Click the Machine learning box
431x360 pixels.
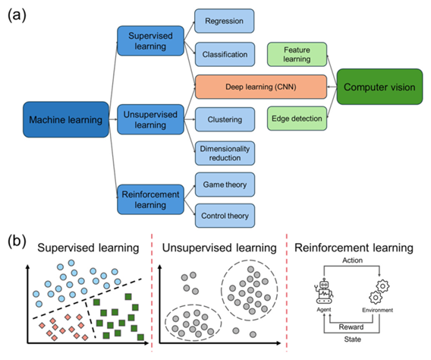coord(66,120)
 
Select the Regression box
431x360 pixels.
coord(225,21)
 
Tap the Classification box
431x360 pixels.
coord(225,55)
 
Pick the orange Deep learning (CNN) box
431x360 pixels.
coord(261,87)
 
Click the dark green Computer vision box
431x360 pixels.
coord(379,87)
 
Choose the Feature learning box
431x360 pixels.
coord(297,55)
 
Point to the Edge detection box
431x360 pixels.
coord(297,118)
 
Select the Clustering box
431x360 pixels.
coord(225,120)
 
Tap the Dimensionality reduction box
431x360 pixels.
coord(225,153)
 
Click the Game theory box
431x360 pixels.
coord(225,185)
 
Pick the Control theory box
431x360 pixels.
coord(225,216)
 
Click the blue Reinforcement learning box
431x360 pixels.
coord(151,200)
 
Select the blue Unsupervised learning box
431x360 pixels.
coord(151,120)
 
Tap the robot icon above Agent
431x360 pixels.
coord(324,292)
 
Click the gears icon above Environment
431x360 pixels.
coord(379,292)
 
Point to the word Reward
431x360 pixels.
coord(351,327)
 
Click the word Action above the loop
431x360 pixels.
coord(352,261)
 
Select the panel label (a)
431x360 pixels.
coord(17,15)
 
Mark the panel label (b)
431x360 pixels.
coord(17,242)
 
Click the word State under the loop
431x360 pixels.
coord(352,339)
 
